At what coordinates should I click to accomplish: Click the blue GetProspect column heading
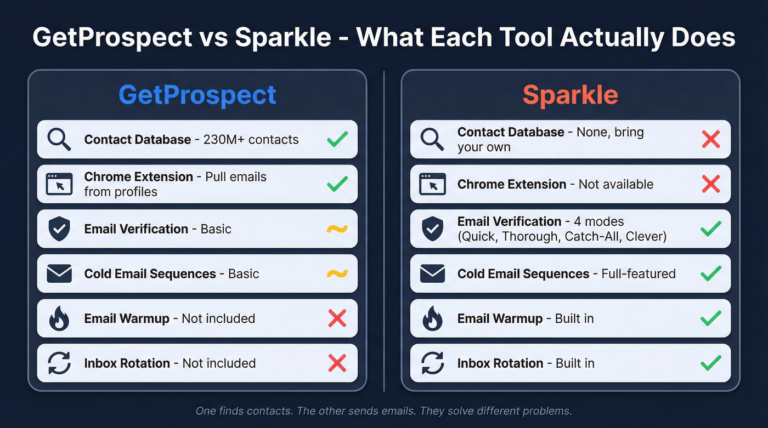[x=197, y=95]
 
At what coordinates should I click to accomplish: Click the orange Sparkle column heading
[x=571, y=95]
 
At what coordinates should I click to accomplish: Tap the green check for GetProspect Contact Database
[x=337, y=139]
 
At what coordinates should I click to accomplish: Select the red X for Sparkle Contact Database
[x=710, y=139]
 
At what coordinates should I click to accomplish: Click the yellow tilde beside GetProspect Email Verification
[x=337, y=229]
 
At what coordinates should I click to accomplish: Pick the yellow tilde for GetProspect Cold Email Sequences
[x=337, y=273]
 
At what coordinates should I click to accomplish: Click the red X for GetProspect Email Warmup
[x=337, y=318]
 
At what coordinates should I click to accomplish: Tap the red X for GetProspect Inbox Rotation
[x=337, y=363]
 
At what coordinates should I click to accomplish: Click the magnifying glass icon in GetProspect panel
[x=59, y=139]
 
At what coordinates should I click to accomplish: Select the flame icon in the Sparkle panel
[x=432, y=318]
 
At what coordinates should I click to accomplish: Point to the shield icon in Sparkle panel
[x=432, y=229]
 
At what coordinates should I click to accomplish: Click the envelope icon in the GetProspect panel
[x=59, y=273]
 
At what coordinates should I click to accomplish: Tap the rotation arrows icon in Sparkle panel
[x=432, y=363]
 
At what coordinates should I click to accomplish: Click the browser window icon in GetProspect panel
[x=59, y=184]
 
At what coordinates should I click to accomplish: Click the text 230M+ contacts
[x=251, y=139]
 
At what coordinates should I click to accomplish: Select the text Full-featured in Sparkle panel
[x=638, y=273]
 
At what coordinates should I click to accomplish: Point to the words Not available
[x=615, y=184]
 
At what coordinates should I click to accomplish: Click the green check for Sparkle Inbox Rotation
[x=710, y=363]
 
